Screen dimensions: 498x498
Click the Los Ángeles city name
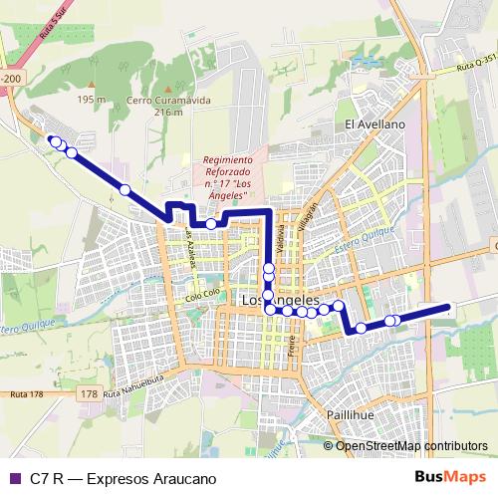point(280,298)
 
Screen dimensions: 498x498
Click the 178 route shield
point(90,394)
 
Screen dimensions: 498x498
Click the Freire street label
point(292,347)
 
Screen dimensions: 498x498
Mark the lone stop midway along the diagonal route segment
point(124,189)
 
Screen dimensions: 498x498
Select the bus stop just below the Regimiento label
point(211,224)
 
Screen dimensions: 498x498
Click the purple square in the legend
point(15,478)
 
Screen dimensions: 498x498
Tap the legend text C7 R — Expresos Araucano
point(124,478)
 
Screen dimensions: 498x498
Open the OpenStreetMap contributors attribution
point(410,445)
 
